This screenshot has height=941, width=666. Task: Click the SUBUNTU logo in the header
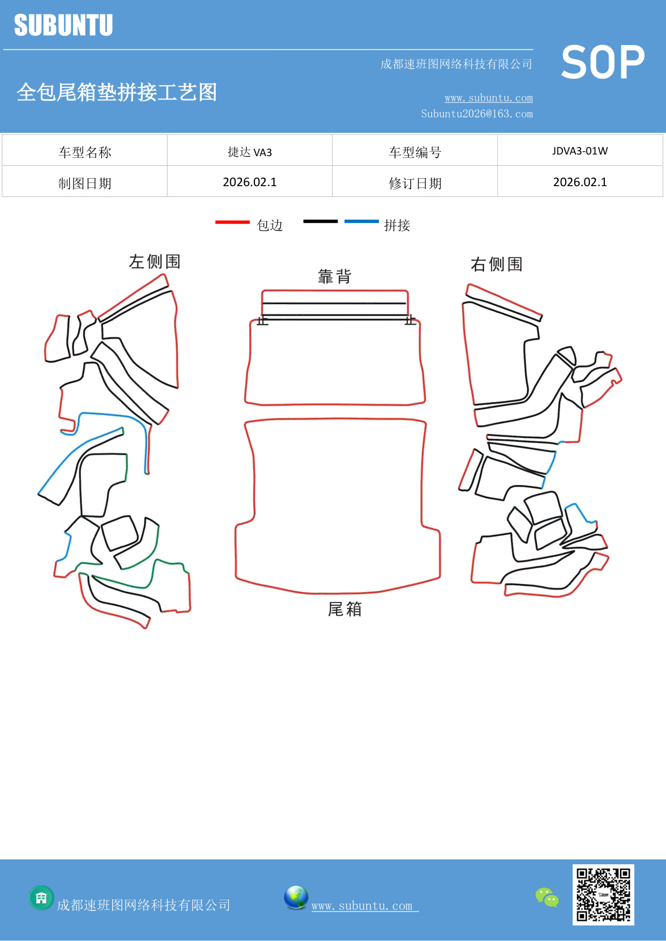click(63, 25)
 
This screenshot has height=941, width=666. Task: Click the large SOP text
click(603, 63)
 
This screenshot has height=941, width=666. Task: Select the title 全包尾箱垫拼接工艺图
click(116, 92)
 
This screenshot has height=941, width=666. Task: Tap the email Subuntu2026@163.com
click(477, 114)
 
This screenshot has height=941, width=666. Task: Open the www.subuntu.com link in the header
click(488, 98)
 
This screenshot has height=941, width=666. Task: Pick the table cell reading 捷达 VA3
click(250, 152)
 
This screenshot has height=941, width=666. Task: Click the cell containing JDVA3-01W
click(580, 151)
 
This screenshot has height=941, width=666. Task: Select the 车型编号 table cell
click(415, 152)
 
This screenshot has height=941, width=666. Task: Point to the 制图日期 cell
click(85, 183)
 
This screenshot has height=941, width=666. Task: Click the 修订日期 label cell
click(415, 183)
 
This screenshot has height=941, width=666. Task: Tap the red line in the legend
click(232, 222)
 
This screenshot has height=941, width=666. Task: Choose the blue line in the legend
click(361, 221)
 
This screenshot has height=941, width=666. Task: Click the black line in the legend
click(320, 221)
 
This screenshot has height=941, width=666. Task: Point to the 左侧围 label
click(155, 262)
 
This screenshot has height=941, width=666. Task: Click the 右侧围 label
click(496, 264)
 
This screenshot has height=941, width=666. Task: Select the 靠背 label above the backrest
click(334, 277)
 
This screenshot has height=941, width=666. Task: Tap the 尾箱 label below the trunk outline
click(345, 609)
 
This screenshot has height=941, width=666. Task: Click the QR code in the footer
click(603, 894)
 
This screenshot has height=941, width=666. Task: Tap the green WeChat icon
click(547, 898)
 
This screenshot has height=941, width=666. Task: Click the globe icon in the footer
click(296, 898)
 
